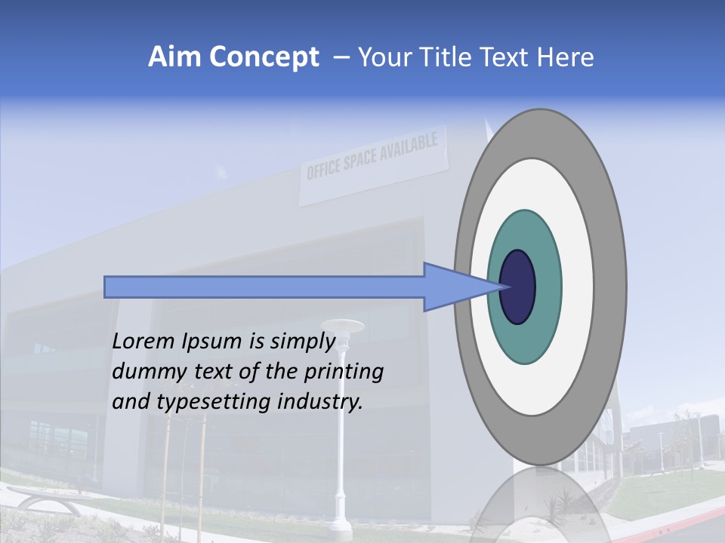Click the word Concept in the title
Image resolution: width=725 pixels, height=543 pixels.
coord(263,57)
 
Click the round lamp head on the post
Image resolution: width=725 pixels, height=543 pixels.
coord(347,326)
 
